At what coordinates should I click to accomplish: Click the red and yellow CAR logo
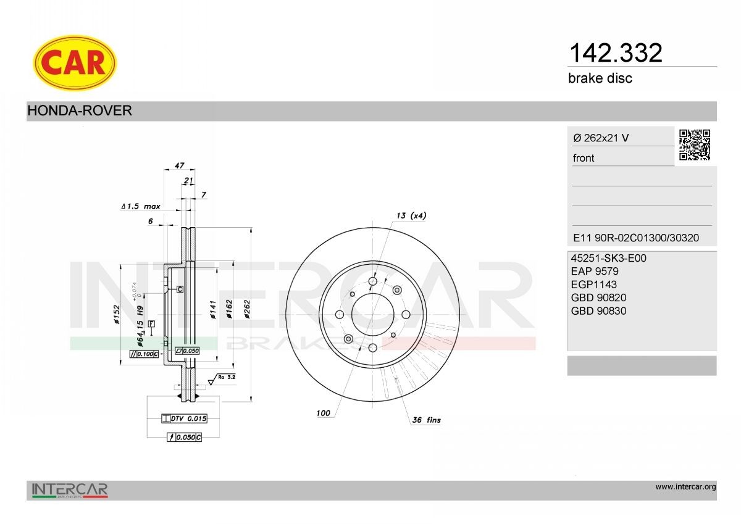click(74, 62)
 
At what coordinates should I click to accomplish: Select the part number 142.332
click(614, 53)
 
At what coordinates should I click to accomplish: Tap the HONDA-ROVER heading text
click(80, 111)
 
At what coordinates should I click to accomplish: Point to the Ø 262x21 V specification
click(601, 138)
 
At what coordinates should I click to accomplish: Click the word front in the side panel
click(584, 158)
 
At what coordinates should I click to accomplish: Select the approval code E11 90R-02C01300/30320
click(636, 238)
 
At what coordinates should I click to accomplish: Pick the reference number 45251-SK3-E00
click(609, 258)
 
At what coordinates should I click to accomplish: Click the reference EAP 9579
click(595, 271)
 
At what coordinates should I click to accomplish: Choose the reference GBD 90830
click(599, 311)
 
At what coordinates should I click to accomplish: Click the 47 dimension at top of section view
click(180, 166)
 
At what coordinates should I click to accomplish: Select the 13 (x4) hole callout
click(411, 215)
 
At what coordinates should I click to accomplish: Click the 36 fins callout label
click(426, 420)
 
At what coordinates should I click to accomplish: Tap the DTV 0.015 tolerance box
click(184, 418)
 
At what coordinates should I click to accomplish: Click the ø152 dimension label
click(115, 314)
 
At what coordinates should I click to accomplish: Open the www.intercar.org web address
click(685, 487)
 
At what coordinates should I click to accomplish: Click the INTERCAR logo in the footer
click(70, 491)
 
